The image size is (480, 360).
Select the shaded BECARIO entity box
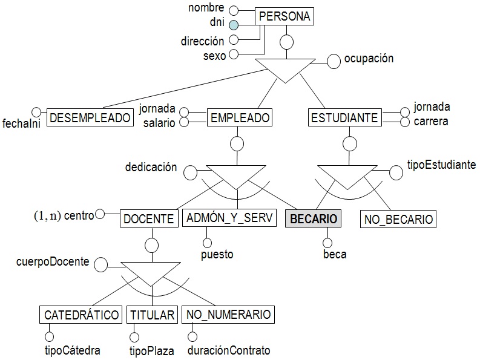[313, 218]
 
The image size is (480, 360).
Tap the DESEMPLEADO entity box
[90, 117]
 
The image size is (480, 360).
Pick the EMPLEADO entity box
[238, 117]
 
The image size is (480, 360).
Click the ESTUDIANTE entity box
[344, 117]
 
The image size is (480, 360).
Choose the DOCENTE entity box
[148, 218]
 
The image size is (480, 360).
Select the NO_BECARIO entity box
[398, 219]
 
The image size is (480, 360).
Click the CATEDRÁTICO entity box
[81, 315]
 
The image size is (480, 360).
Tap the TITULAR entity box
[152, 315]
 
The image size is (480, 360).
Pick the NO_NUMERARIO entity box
[229, 315]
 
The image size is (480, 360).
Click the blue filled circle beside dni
[234, 25]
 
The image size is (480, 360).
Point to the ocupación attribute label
[369, 59]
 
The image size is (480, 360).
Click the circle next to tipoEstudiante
[396, 172]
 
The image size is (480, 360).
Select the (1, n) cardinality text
[47, 215]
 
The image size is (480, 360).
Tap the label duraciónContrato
[228, 350]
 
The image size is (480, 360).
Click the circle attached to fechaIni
[36, 112]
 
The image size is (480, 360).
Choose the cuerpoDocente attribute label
[54, 262]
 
